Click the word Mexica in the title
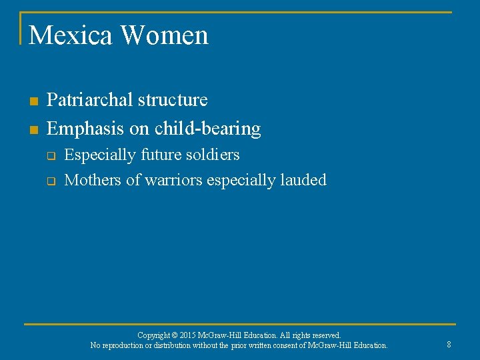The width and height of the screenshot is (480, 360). click(70, 35)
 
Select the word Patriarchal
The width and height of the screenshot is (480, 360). click(90, 100)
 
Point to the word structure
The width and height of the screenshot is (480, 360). click(173, 100)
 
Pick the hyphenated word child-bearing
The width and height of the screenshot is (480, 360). click(208, 128)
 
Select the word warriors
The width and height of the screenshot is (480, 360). click(174, 180)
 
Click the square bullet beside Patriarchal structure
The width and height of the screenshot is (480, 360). click(33, 101)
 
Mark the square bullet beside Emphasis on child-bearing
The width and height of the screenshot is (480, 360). click(33, 129)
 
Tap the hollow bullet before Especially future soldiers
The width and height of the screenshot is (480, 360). click(50, 156)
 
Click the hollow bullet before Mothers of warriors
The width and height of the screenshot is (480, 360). click(50, 181)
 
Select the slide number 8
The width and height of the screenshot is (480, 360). click(449, 345)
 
